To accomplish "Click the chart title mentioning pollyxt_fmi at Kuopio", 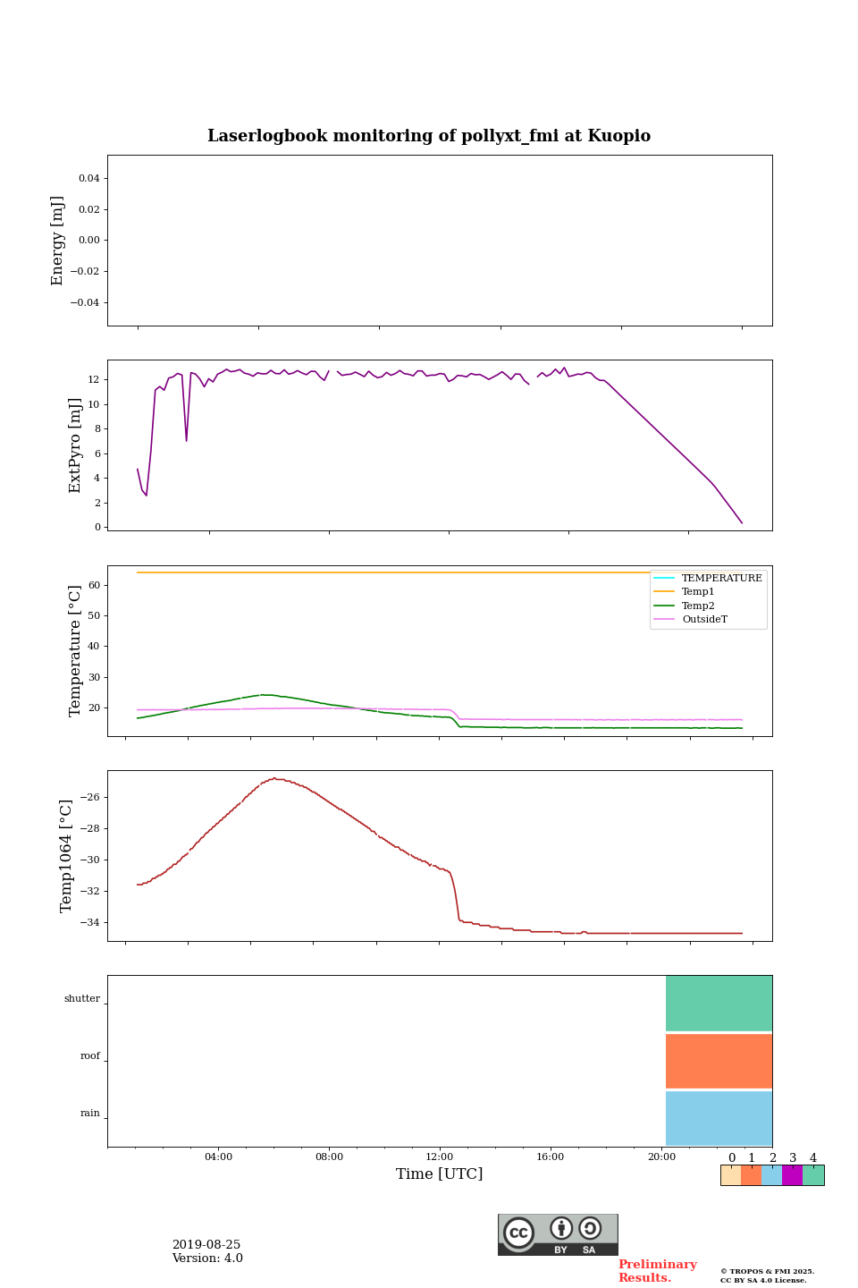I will tap(429, 136).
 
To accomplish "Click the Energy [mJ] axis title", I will tap(57, 241).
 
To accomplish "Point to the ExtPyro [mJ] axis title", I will tap(75, 445).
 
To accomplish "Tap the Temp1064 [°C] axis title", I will tap(66, 856).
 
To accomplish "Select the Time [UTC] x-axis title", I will tap(439, 1174).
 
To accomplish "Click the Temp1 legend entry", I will tap(698, 592).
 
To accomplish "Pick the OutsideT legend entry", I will tap(704, 620).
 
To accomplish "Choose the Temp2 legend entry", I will tap(698, 606).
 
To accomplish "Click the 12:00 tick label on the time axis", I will tap(440, 1157).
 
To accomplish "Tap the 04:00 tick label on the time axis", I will tap(218, 1157).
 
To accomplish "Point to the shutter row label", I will tap(82, 999).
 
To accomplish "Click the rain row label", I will tap(90, 1114).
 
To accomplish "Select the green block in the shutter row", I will tap(719, 1004).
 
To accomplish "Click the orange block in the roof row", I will tap(719, 1061).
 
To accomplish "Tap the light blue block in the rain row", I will tap(719, 1118).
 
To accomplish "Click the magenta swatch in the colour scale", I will tap(792, 1175).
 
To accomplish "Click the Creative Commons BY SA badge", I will tap(558, 1234).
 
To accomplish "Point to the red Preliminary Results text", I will tap(657, 1271).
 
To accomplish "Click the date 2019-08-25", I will tap(206, 1245).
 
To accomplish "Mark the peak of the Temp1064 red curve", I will tap(274, 778).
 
